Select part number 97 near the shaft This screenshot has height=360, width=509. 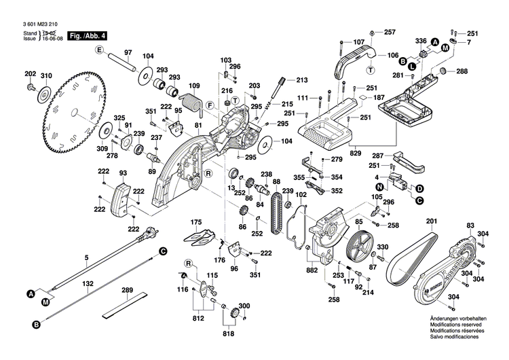pos(127,52)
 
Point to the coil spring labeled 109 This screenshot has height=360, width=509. pos(195,102)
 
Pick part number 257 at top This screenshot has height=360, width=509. pos(390,32)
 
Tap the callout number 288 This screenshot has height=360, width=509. pos(461,71)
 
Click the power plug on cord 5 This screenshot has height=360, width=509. pos(145,238)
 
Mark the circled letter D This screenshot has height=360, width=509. pos(420,188)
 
